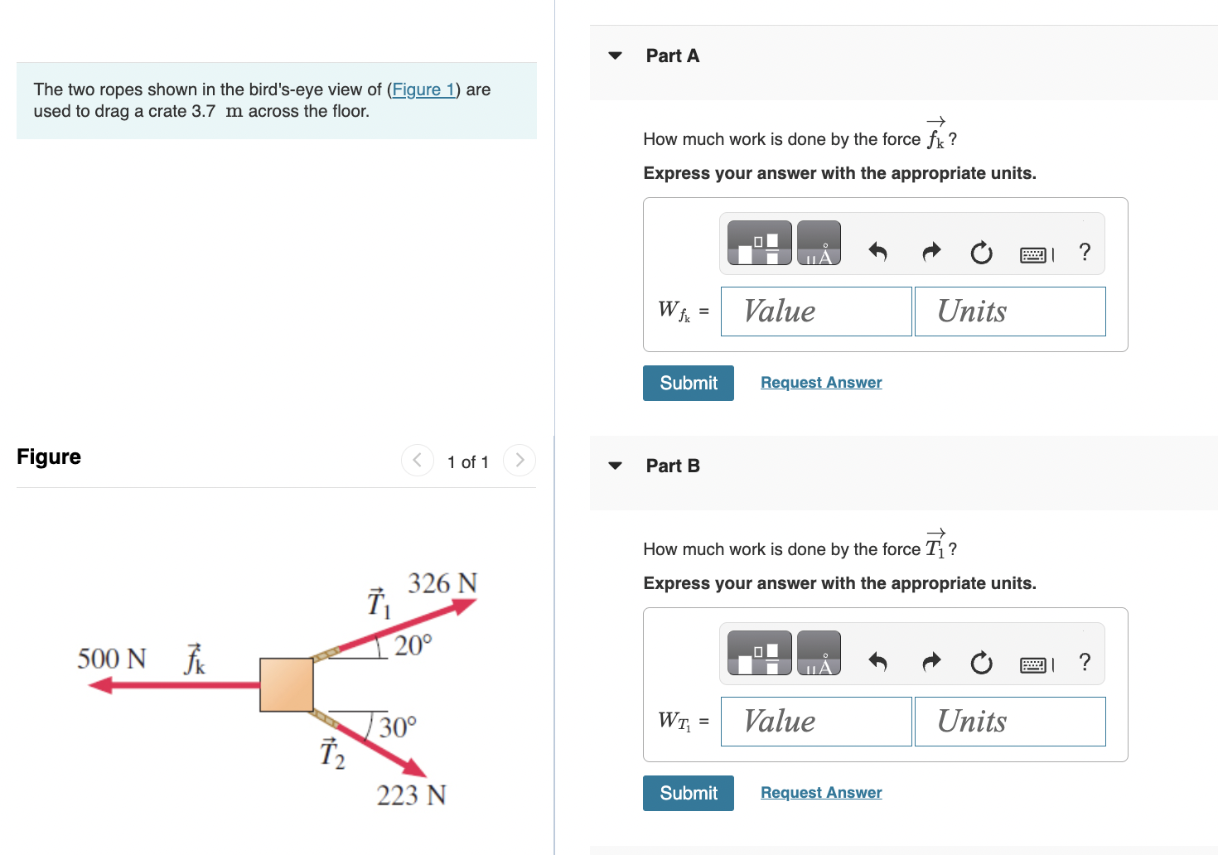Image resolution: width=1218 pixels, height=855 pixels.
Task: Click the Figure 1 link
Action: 423,89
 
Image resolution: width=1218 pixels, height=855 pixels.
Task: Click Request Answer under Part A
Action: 820,383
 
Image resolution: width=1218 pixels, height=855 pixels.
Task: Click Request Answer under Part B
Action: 820,793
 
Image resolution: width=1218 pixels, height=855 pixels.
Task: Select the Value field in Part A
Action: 815,312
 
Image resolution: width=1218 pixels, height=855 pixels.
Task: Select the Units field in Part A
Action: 1009,312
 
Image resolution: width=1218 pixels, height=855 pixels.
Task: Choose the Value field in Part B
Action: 815,722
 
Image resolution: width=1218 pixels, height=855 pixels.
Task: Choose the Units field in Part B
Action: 1009,722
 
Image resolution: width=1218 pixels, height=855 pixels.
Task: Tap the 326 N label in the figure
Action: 442,583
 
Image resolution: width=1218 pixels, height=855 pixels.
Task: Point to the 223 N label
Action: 411,795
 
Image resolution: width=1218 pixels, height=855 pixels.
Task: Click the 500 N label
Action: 112,659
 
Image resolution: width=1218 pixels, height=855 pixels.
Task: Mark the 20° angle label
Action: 413,645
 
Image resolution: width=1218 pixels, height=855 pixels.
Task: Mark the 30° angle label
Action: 398,727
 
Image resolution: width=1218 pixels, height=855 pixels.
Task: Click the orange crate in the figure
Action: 287,685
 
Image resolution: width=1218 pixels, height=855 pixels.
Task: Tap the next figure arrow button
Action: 520,460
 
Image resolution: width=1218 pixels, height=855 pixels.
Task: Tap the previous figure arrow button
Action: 418,460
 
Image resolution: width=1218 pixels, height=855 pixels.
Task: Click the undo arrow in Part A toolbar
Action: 877,251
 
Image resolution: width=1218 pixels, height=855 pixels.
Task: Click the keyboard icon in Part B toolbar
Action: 1033,664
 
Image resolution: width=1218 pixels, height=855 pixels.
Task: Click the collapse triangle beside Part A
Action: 615,56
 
